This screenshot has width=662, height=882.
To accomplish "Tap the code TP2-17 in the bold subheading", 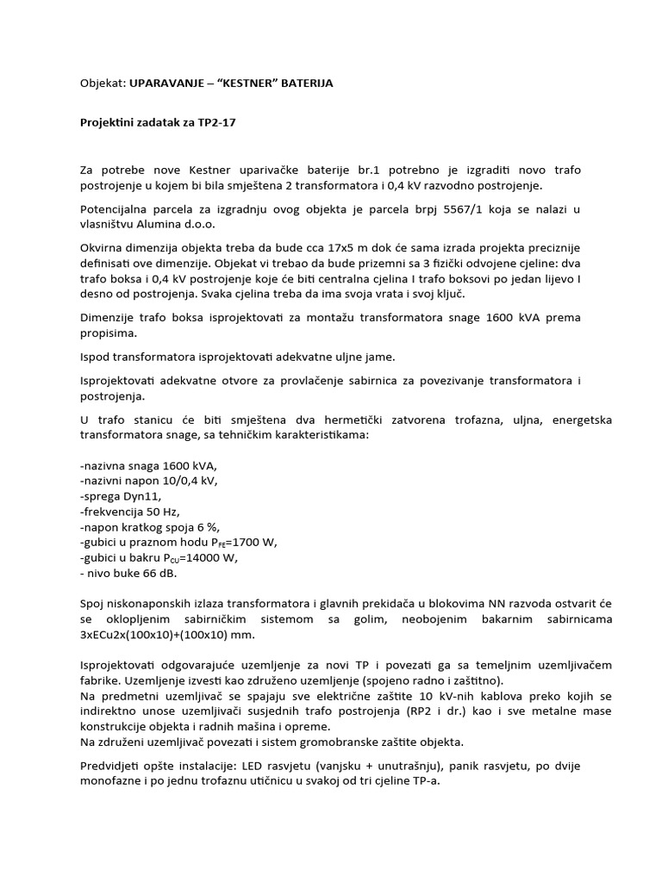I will tap(215, 122).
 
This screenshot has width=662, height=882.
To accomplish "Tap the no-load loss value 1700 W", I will tap(254, 542).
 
